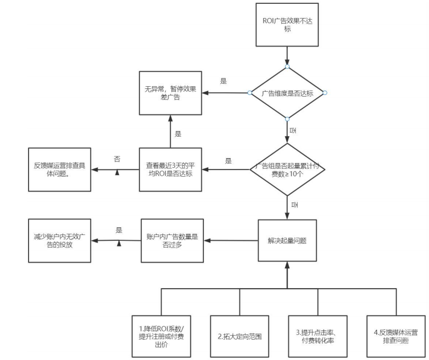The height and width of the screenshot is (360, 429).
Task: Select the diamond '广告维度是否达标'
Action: click(x=287, y=93)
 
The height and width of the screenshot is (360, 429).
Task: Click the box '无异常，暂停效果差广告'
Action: click(x=170, y=93)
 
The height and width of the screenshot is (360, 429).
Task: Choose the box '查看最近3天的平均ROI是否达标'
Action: click(x=170, y=169)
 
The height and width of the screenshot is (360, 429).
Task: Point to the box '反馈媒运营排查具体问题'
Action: click(x=59, y=169)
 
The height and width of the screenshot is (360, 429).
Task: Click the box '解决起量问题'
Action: click(x=287, y=241)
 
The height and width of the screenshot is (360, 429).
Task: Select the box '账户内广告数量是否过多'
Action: click(x=170, y=241)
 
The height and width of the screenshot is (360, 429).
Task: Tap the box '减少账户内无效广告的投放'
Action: click(x=59, y=241)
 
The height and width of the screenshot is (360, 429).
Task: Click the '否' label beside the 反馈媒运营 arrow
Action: click(x=117, y=159)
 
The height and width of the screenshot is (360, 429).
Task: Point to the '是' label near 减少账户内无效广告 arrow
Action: click(x=119, y=230)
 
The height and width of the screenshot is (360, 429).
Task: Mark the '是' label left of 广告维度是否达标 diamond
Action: click(x=224, y=81)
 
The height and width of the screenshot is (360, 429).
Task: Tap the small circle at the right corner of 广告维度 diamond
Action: click(x=325, y=93)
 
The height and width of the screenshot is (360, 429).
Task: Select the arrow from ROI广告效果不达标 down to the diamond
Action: click(x=287, y=56)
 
